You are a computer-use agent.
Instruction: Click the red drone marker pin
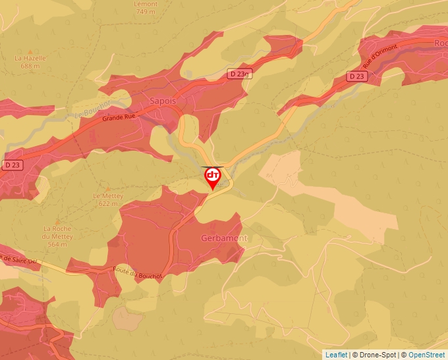point(213,177)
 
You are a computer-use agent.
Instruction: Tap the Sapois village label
point(163,101)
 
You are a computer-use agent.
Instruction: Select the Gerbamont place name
point(224,238)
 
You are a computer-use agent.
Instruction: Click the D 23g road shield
point(240,74)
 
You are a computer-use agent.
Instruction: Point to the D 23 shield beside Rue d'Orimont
point(356,76)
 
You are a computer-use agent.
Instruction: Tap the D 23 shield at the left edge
point(13,164)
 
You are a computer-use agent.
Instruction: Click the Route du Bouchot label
point(137,271)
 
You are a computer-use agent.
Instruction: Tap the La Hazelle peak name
point(30,58)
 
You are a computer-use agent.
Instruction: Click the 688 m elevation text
point(30,66)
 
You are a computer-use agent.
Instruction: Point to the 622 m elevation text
point(108,203)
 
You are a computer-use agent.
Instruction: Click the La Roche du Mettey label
point(57,232)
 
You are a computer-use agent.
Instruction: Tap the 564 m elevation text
point(57,244)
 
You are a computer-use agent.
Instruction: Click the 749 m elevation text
point(146,12)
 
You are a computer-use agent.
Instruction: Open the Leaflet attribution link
point(335,355)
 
